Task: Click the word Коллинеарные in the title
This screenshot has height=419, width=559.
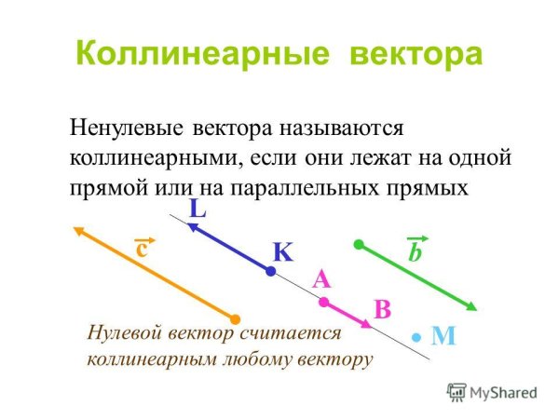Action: pos(202,53)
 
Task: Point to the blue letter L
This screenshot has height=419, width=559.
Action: pos(198,209)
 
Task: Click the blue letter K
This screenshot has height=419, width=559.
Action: pos(282,252)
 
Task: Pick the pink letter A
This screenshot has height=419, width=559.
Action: pos(322,278)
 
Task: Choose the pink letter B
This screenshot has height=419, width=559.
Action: pos(381,309)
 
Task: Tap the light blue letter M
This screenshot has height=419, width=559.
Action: pos(443,336)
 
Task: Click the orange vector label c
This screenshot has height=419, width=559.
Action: pos(143,249)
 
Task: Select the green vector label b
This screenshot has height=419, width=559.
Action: pos(415,251)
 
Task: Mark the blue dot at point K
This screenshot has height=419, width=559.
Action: pos(270,272)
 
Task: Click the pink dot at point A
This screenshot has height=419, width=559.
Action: pos(323,302)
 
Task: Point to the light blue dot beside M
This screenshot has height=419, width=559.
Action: pos(418,336)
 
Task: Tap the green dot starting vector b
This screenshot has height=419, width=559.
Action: pos(359,245)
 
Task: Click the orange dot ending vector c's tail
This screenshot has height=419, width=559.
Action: pos(236,320)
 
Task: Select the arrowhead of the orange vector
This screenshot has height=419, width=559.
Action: pos(78,230)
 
